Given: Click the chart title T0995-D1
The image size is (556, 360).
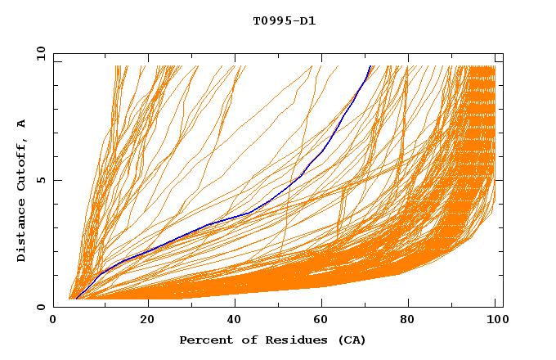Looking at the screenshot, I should [284, 21].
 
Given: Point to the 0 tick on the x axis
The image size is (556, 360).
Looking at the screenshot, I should [53, 320].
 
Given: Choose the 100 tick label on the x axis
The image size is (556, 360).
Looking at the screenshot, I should [495, 320].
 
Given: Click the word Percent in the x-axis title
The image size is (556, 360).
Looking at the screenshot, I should [205, 340].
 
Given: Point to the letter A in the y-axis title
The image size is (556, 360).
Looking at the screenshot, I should [22, 124].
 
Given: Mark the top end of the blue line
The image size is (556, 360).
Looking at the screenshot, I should [370, 66].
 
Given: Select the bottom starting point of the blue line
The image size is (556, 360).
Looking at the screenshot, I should [75, 299].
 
